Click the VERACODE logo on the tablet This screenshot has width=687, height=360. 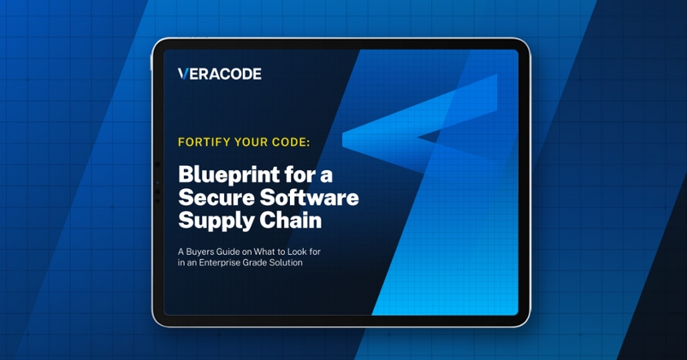pyautogui.click(x=220, y=74)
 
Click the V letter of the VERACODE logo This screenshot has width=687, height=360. pyautogui.click(x=182, y=74)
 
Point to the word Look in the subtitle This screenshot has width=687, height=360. pyautogui.click(x=302, y=251)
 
